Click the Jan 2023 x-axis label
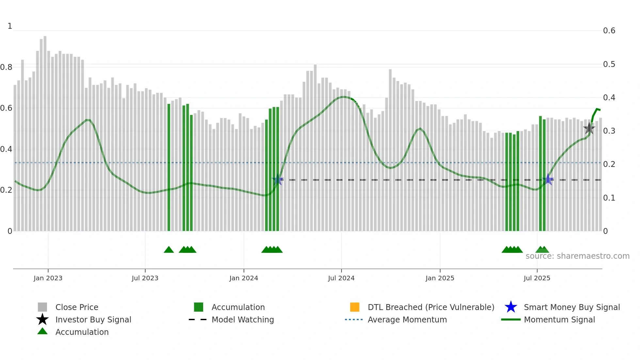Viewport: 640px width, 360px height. pyautogui.click(x=48, y=278)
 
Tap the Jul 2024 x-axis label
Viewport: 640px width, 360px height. pyautogui.click(x=341, y=278)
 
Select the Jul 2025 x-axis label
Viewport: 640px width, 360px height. pyautogui.click(x=537, y=278)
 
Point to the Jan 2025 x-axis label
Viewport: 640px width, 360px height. pyautogui.click(x=440, y=278)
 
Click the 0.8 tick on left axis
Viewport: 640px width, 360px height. pyautogui.click(x=7, y=67)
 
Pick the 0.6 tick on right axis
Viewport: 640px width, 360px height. pyautogui.click(x=609, y=31)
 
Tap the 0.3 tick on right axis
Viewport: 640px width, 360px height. pyautogui.click(x=609, y=131)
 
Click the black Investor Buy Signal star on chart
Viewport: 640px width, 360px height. pyautogui.click(x=589, y=128)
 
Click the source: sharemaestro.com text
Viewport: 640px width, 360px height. pyautogui.click(x=577, y=256)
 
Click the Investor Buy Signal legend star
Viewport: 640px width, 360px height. pyautogui.click(x=42, y=319)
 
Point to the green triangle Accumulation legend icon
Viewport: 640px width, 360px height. pyautogui.click(x=42, y=331)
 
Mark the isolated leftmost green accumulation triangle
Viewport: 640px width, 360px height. pyautogui.click(x=169, y=250)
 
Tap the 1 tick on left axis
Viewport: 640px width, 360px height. pyautogui.click(x=10, y=26)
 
